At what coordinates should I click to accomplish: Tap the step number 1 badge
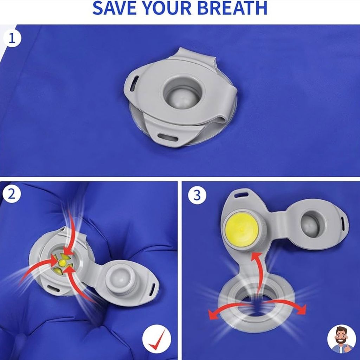(12, 38)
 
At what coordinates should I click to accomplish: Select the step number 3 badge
(197, 195)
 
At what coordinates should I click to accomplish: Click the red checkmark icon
(157, 339)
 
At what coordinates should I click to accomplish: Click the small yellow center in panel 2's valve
(62, 263)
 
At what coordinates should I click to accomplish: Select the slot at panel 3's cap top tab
(241, 195)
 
